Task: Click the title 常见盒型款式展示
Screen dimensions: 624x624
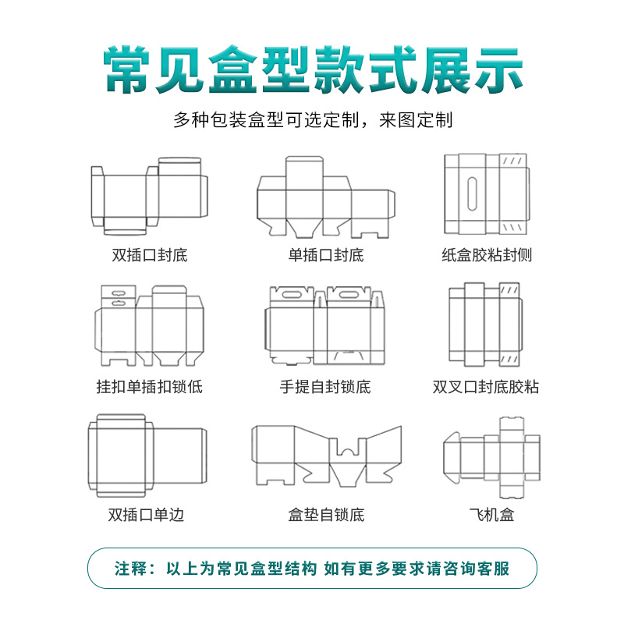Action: tap(312, 71)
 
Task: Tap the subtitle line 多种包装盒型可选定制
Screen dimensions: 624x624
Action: tap(312, 121)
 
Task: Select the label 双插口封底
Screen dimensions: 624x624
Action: tap(149, 255)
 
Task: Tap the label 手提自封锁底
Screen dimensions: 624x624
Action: tap(326, 386)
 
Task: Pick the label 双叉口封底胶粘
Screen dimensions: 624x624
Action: tap(486, 386)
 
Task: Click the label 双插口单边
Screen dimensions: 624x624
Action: tap(147, 515)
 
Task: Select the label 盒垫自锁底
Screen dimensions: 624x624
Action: tap(326, 515)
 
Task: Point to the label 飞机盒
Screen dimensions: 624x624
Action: tap(491, 515)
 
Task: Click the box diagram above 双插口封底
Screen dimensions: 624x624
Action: tap(149, 195)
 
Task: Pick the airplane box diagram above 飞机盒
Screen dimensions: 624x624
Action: tap(491, 456)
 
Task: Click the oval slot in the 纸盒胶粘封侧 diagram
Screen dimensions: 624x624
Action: tap(472, 193)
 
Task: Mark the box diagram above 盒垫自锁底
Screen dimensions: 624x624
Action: tap(326, 456)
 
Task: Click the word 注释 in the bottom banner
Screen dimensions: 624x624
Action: tap(131, 568)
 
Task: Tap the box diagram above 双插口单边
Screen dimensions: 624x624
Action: tap(147, 456)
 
